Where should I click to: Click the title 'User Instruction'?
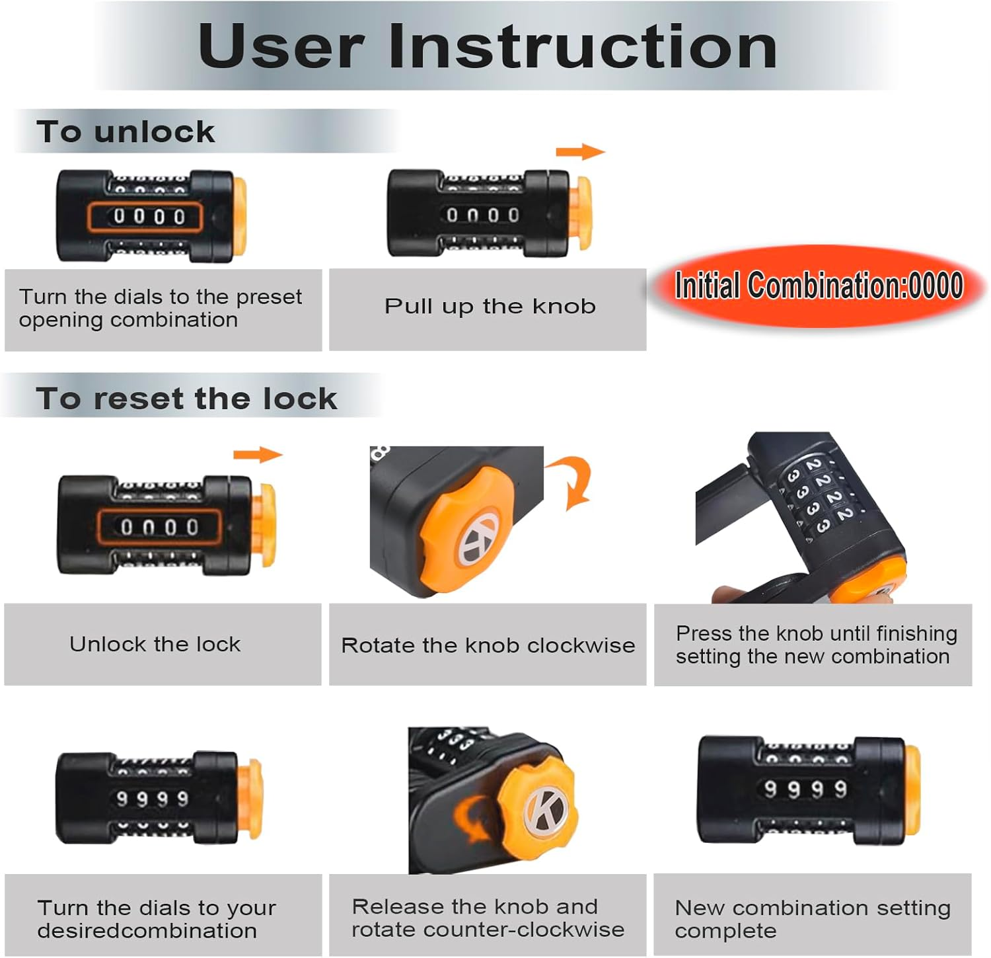(488, 46)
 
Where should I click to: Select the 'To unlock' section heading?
(126, 132)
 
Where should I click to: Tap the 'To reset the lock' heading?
(186, 399)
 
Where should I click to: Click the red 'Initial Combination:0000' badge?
(818, 286)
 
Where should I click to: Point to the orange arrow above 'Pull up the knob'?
(579, 152)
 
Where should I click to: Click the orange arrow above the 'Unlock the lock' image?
(257, 455)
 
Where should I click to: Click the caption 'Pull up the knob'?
(490, 306)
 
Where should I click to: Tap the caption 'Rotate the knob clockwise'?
(488, 645)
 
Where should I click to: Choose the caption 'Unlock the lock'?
(155, 644)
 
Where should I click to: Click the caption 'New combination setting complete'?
(812, 919)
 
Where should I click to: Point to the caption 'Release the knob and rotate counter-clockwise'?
(488, 918)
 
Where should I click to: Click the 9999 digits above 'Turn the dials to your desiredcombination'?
(153, 799)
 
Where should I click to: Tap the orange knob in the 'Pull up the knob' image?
(580, 213)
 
